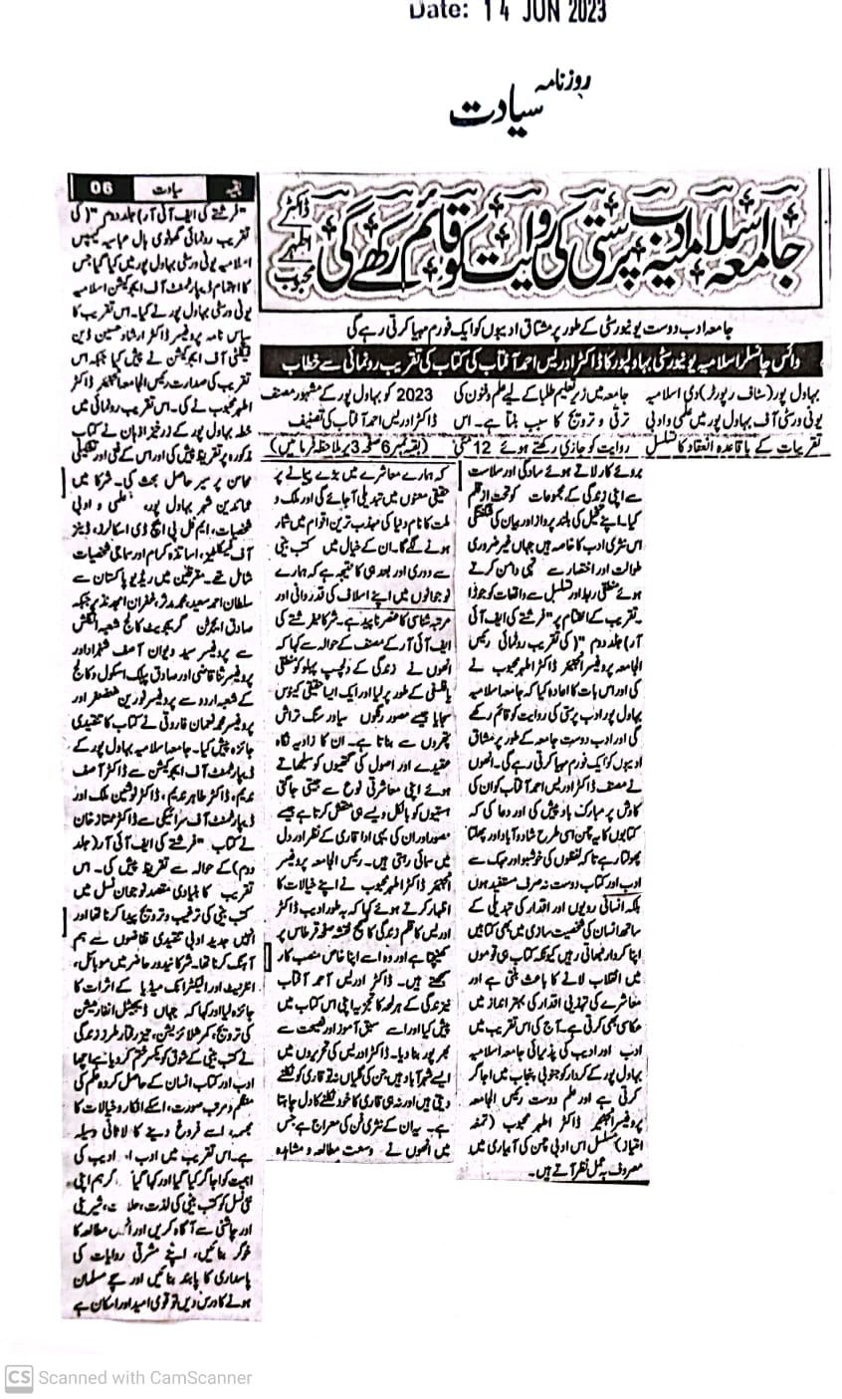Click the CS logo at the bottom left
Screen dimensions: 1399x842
pyautogui.click(x=18, y=1378)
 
